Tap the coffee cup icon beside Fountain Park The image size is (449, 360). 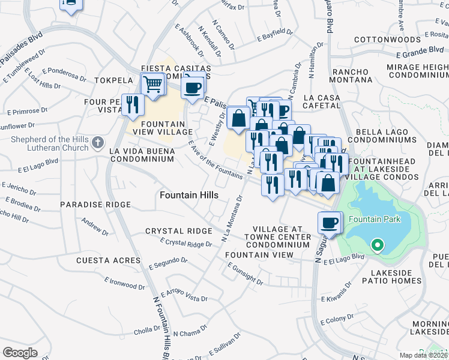pyautogui.click(x=330, y=223)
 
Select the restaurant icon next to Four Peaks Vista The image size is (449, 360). pyautogui.click(x=133, y=105)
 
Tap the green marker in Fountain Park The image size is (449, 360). pyautogui.click(x=377, y=245)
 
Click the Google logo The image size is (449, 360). pyautogui.click(x=20, y=353)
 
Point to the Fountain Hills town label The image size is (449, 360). pyautogui.click(x=188, y=196)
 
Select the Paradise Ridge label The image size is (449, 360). pyautogui.click(x=95, y=205)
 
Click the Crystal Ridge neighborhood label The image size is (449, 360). pyautogui.click(x=178, y=231)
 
